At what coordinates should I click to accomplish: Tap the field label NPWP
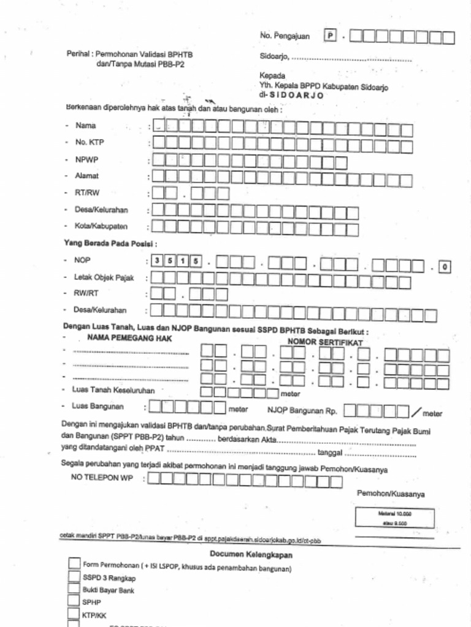pos(87,159)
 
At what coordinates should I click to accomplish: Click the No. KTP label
pos(90,143)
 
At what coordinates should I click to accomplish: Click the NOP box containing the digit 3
pos(158,261)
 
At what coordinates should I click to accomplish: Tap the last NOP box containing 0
pos(445,266)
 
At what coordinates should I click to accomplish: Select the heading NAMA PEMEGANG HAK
pos(129,338)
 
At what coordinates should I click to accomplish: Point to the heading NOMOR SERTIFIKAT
pos(325,342)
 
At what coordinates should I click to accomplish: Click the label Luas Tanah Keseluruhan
pos(113,390)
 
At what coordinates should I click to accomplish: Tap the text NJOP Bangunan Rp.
pos(303,410)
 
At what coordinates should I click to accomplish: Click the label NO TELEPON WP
pos(102,478)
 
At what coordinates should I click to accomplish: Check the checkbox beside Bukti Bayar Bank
pos(74,590)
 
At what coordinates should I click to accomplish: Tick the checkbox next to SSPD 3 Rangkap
pos(74,577)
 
